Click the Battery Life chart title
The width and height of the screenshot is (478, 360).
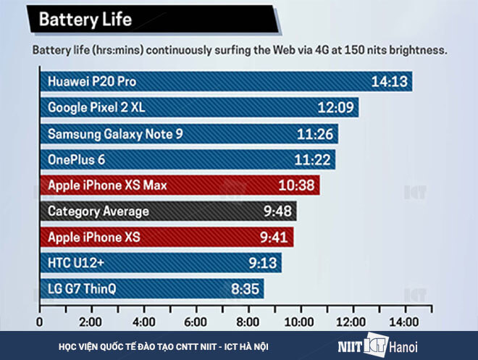[85, 19]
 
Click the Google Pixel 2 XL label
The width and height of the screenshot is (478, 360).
[96, 107]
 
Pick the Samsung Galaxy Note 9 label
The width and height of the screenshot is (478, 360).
[115, 134]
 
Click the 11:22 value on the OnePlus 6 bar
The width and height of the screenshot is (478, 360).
[313, 159]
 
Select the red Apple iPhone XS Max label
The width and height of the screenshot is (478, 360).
[107, 185]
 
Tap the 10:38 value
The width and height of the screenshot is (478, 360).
[296, 185]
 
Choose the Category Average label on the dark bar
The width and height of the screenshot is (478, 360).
[98, 212]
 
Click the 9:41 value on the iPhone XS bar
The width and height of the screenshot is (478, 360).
[274, 237]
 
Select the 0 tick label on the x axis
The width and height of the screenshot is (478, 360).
[40, 321]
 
